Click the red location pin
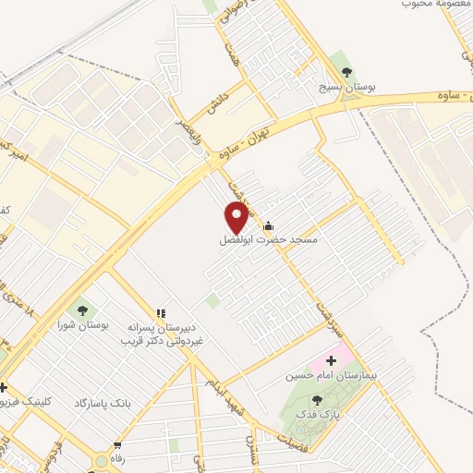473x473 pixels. pyautogui.click(x=236, y=217)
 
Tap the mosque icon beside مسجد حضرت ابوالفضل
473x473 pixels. pyautogui.click(x=268, y=225)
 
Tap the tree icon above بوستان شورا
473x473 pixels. pyautogui.click(x=82, y=311)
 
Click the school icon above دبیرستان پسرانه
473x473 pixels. pyautogui.click(x=160, y=315)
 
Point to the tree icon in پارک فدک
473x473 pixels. pyautogui.click(x=318, y=400)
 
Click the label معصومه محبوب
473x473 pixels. pyautogui.click(x=431, y=5)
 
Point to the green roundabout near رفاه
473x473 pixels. pyautogui.click(x=101, y=461)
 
